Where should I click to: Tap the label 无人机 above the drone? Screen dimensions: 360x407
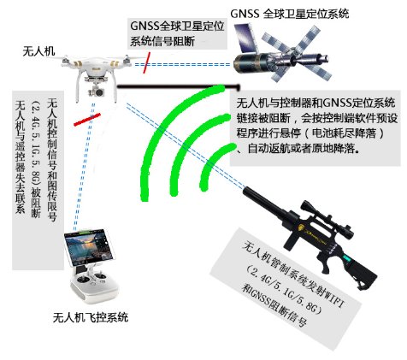(x=39, y=52)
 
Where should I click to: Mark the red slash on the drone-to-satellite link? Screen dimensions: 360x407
(x=150, y=62)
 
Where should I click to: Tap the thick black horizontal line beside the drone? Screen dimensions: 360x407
(x=171, y=86)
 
